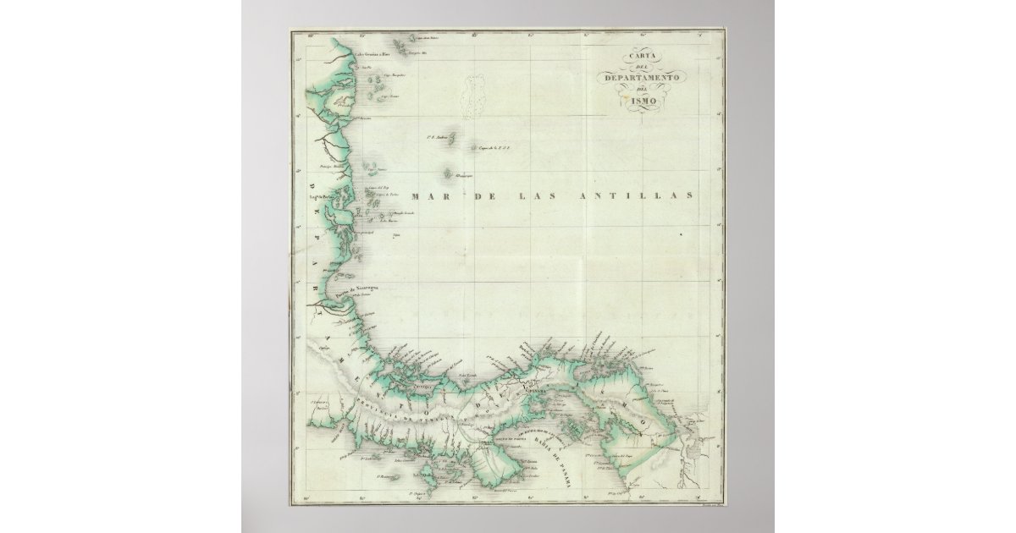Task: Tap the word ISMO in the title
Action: click(x=643, y=102)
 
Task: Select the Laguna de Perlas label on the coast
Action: click(x=323, y=200)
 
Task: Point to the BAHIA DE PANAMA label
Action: click(x=563, y=461)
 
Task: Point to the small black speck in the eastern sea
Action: click(x=681, y=234)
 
